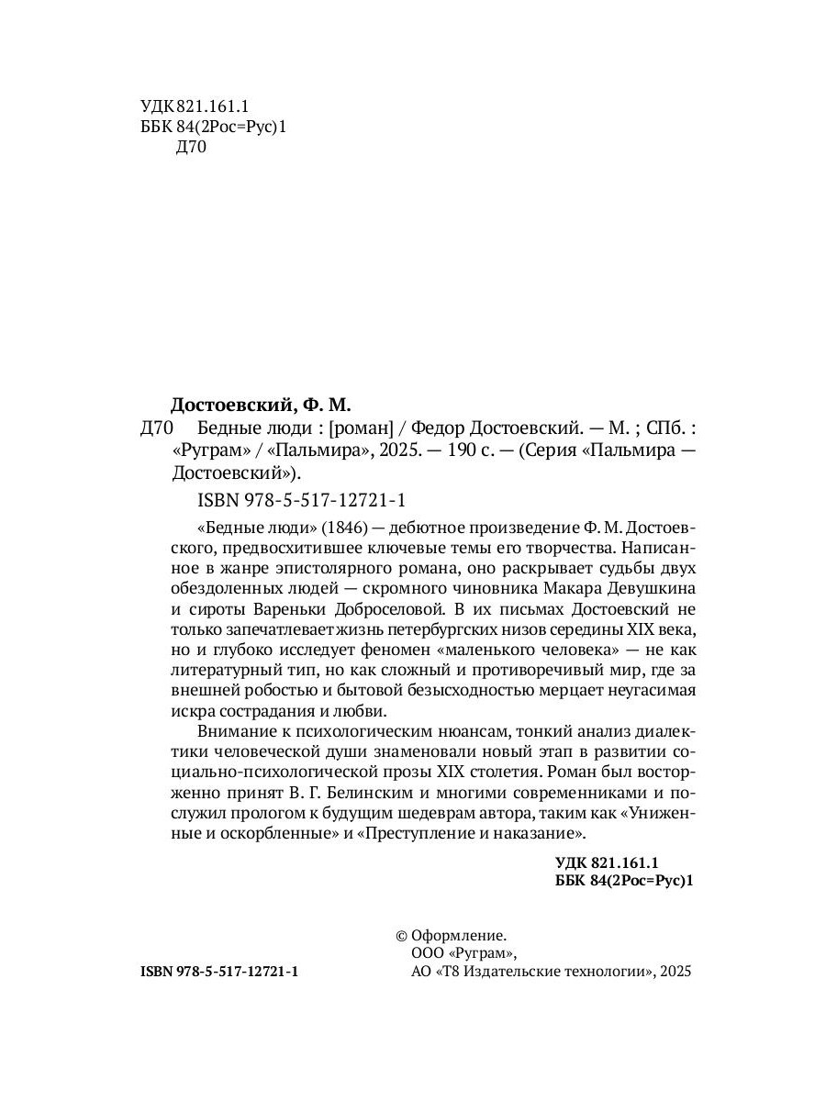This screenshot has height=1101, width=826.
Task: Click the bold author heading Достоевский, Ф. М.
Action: click(x=262, y=405)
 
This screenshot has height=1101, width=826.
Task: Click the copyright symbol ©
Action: click(x=401, y=936)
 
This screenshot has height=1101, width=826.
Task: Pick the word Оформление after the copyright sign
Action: click(x=459, y=936)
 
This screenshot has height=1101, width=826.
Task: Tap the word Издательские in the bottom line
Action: click(x=521, y=972)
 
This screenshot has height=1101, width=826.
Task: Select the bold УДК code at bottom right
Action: click(x=608, y=863)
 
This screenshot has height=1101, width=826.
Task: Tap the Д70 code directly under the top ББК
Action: click(x=190, y=150)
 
